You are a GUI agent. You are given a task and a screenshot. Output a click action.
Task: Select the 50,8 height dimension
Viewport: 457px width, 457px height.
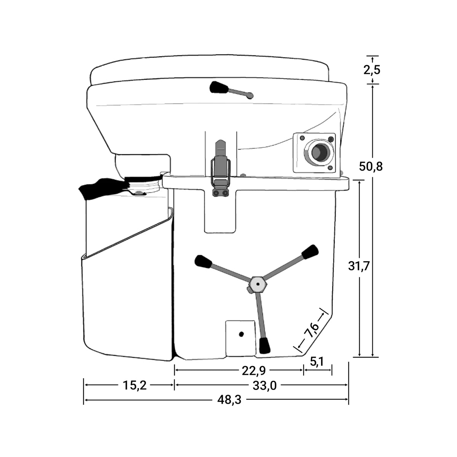click(x=372, y=166)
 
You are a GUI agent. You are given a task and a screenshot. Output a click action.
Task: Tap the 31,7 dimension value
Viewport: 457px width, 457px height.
click(x=359, y=266)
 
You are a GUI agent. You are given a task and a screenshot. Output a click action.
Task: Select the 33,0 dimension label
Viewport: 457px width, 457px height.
click(x=264, y=385)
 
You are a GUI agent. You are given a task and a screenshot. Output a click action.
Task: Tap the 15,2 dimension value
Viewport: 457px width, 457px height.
click(x=134, y=385)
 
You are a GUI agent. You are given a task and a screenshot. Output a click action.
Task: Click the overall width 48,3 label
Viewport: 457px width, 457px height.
click(x=230, y=400)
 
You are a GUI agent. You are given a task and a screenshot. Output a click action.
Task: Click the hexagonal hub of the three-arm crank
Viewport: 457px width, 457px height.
click(x=258, y=284)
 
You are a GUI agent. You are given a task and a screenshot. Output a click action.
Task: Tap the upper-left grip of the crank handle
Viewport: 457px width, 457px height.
click(x=203, y=262)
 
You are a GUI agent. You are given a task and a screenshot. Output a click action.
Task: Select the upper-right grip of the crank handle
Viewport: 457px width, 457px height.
click(x=310, y=251)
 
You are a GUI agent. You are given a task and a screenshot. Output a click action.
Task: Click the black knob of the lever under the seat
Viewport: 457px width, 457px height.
click(x=219, y=87)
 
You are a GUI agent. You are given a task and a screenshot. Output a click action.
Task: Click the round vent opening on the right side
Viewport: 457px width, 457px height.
click(x=316, y=153)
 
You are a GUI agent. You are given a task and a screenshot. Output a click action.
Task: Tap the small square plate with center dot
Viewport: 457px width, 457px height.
click(x=240, y=337)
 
